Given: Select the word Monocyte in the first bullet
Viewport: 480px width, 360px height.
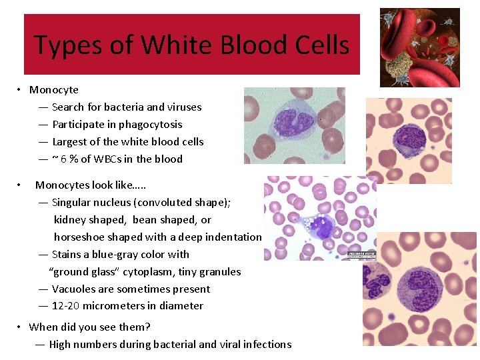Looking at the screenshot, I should [54, 89].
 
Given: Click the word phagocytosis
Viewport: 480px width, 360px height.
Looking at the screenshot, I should [151, 124].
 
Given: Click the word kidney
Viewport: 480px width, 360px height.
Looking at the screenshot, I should [70, 219].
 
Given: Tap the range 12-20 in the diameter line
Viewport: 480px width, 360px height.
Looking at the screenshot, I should [67, 305].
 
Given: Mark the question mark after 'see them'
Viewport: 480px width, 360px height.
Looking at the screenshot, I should [147, 327].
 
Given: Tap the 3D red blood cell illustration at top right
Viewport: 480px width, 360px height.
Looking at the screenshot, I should [419, 47].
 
